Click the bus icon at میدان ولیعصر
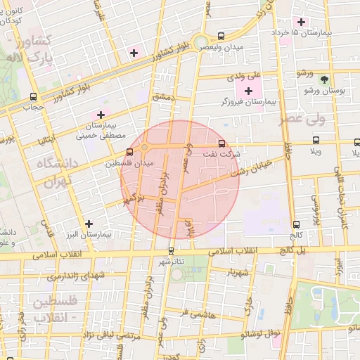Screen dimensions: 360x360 221,36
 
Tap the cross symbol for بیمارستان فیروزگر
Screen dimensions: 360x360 248,91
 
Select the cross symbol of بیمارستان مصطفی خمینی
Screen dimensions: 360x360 101,114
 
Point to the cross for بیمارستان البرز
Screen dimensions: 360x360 89,224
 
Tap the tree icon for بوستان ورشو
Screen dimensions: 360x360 323,80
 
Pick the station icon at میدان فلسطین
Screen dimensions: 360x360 129,151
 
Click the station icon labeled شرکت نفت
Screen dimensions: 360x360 222,142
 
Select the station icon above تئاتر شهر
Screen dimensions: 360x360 171,250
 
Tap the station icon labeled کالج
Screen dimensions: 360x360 295,224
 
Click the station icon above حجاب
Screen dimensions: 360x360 33,97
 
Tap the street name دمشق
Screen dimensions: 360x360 162,98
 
